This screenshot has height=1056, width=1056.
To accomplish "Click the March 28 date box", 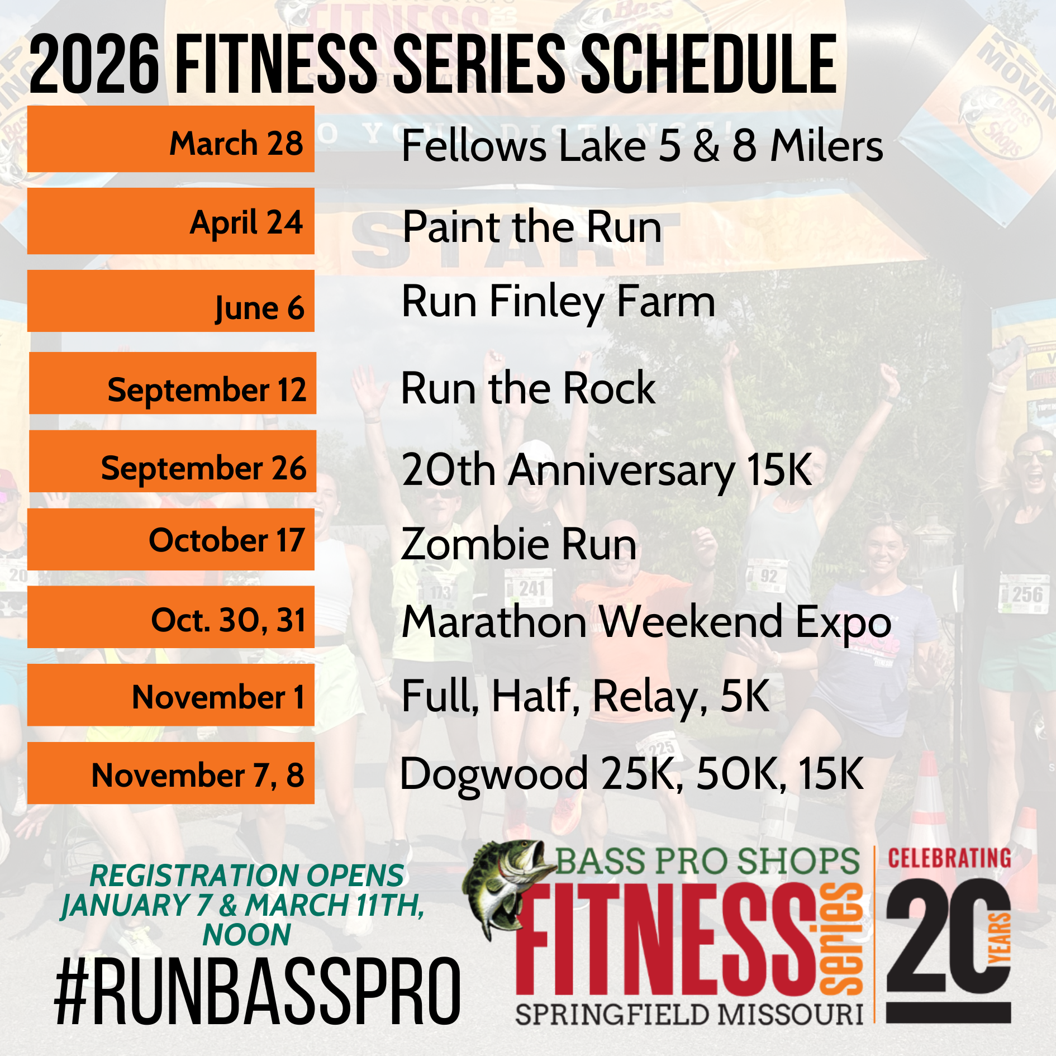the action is coord(171,139).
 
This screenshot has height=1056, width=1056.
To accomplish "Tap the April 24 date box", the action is coord(171,221).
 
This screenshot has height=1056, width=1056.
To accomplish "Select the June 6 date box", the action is coord(171,301).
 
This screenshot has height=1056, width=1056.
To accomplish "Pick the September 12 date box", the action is coord(173,383).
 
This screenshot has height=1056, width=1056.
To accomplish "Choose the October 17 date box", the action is coord(171,539).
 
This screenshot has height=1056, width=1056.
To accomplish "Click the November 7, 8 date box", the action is coord(171,773).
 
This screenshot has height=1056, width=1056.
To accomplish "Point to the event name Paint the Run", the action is coord(532,227).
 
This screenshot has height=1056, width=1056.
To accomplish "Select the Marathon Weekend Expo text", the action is coord(646,623).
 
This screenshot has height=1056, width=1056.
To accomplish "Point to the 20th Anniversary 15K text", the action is coord(607,472).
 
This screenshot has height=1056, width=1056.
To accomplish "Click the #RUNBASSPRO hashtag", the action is coord(258,991).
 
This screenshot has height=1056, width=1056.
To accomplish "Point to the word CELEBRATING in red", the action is coord(949,859).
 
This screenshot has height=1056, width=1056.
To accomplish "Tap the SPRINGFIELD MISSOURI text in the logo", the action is coord(689,1015).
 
